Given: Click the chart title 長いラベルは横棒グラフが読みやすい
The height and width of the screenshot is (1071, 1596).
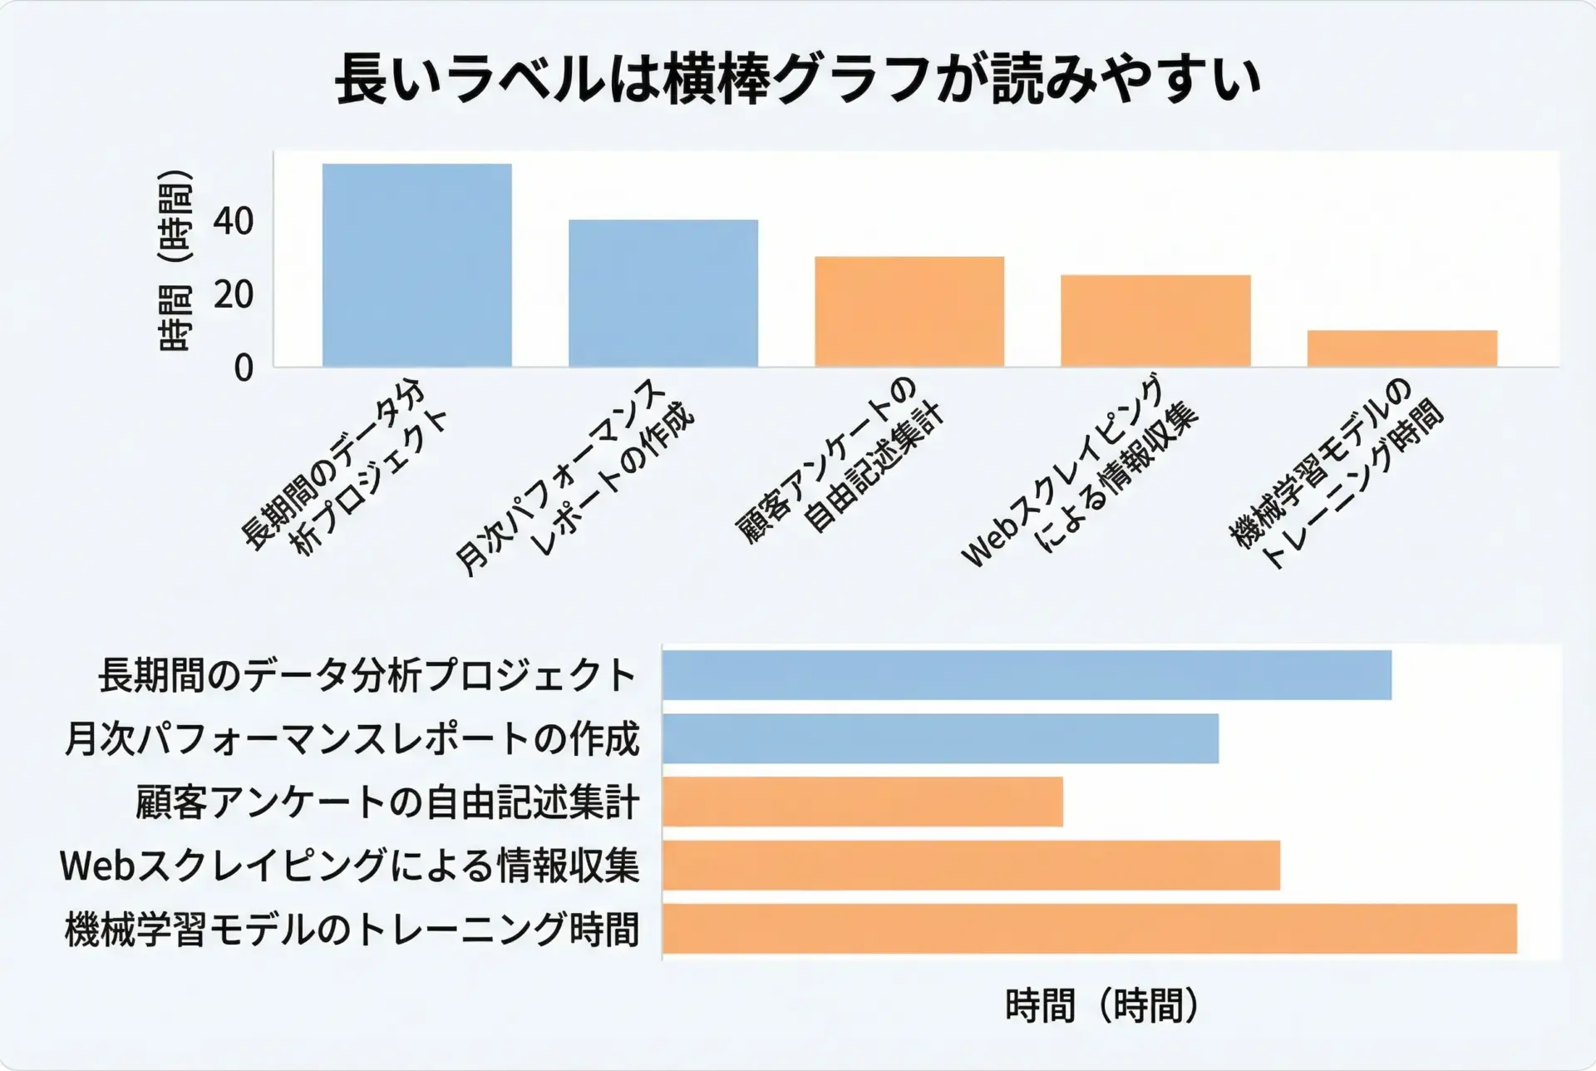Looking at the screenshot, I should click(x=798, y=79).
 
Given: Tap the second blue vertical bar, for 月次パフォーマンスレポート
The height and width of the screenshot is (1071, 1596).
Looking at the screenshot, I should click(x=663, y=293).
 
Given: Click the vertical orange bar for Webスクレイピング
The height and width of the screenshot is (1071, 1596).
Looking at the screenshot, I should click(x=1155, y=320).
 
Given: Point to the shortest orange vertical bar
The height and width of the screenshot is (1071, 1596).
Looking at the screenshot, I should click(x=1401, y=348).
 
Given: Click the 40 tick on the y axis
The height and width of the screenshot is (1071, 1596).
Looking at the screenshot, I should click(x=233, y=222).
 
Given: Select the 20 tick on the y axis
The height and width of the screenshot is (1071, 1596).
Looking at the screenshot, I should click(x=233, y=294).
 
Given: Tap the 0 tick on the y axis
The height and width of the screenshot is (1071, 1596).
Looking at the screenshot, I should click(x=243, y=368).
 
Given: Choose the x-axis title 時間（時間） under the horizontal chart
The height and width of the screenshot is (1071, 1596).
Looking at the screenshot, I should click(x=1102, y=1006).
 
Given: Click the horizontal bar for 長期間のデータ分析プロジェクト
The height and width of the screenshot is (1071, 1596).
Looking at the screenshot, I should click(x=1027, y=675).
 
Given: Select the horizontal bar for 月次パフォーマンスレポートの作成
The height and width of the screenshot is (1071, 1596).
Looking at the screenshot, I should click(x=940, y=738).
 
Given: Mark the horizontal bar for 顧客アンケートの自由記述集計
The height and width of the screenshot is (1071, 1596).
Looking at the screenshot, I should click(x=862, y=802).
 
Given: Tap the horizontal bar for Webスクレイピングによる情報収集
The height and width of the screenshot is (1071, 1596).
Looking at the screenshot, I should click(x=971, y=866).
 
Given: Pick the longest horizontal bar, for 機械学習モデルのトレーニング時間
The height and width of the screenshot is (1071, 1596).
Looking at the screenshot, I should click(x=1089, y=929).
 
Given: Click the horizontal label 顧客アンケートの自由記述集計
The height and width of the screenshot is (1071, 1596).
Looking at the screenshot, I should click(x=387, y=802).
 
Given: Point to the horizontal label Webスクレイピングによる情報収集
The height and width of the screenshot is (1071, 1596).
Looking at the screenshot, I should click(x=349, y=866).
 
